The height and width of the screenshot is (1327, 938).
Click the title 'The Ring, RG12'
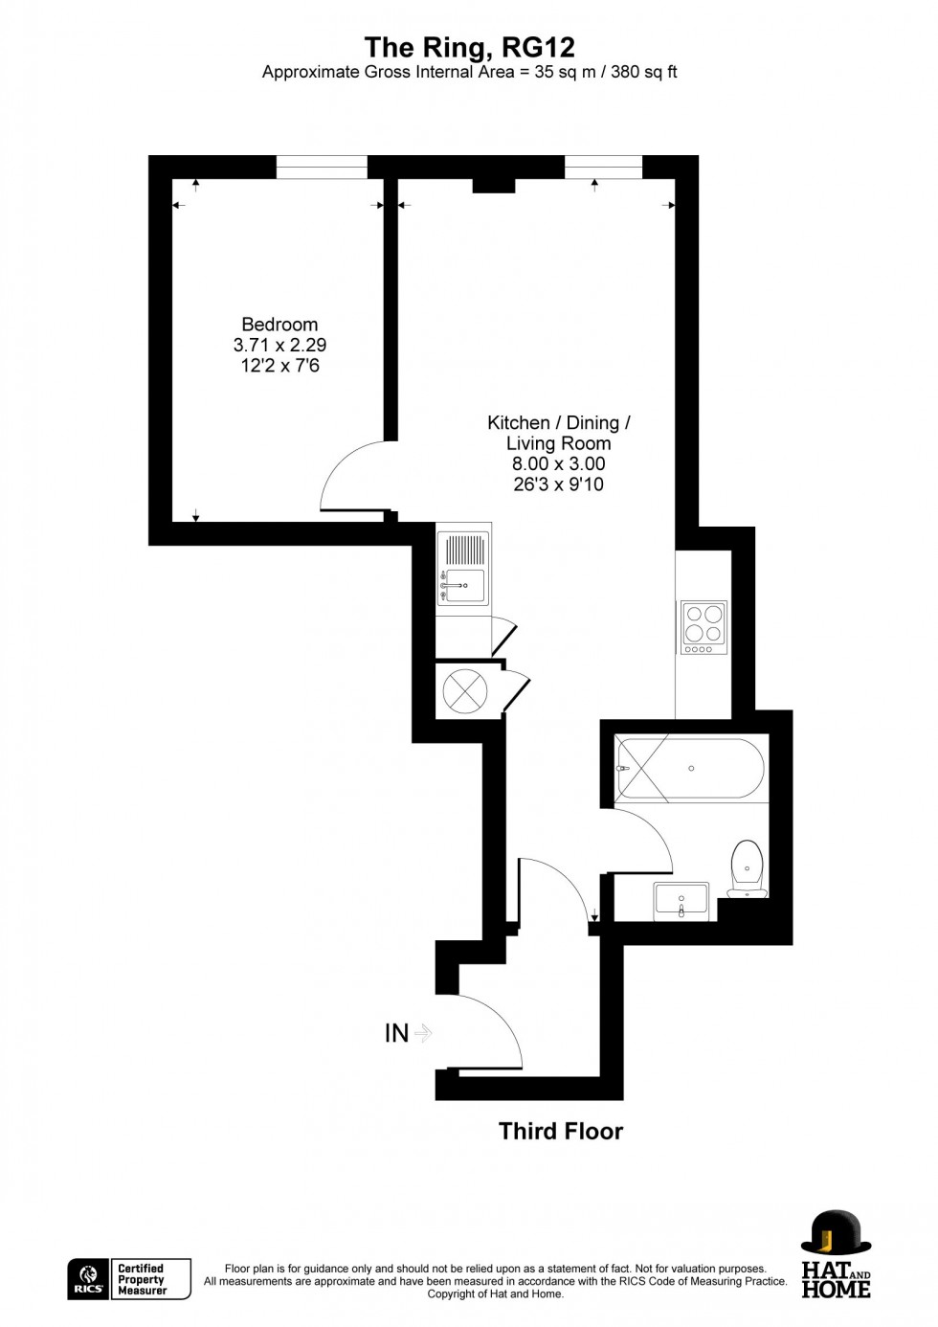pyautogui.click(x=469, y=47)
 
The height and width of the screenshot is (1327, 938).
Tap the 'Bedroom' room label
pyautogui.click(x=279, y=325)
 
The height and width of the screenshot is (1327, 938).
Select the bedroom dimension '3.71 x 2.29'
pyautogui.click(x=279, y=346)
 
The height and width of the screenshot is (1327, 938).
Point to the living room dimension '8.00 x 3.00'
pyautogui.click(x=558, y=464)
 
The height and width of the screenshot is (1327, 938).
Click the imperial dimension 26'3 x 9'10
pyautogui.click(x=558, y=484)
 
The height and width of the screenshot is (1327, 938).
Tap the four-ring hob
pyautogui.click(x=703, y=627)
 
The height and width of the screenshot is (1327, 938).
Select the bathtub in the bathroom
pyautogui.click(x=690, y=769)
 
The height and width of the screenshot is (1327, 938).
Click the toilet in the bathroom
pyautogui.click(x=747, y=867)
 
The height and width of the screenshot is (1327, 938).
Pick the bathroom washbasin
pyautogui.click(x=681, y=901)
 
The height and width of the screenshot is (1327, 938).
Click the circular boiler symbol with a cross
pyautogui.click(x=465, y=690)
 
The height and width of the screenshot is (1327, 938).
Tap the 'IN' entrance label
pyautogui.click(x=396, y=1034)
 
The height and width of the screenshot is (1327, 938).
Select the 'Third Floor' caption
pyautogui.click(x=561, y=1132)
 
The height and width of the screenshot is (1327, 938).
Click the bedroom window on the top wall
pyautogui.click(x=322, y=167)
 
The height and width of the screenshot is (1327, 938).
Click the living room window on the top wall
pyautogui.click(x=603, y=167)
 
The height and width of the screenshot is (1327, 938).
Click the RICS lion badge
pyautogui.click(x=89, y=1279)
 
